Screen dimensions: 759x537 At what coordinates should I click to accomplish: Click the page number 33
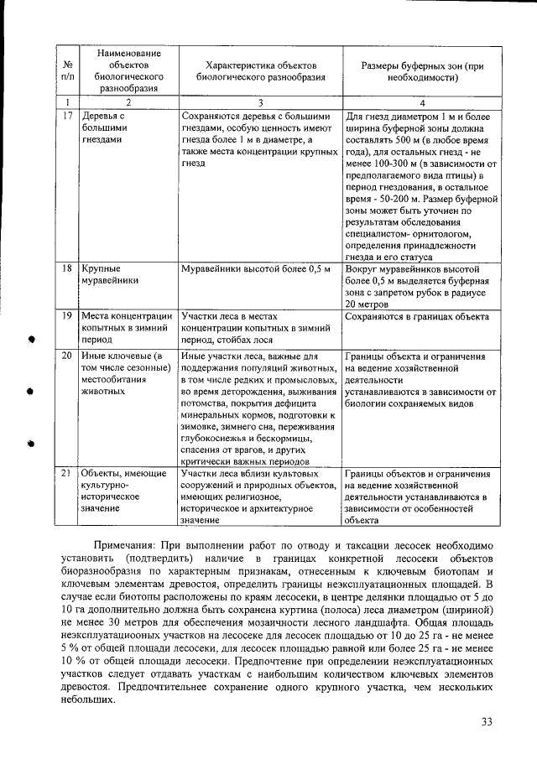(487, 723)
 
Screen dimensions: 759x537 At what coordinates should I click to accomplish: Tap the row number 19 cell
(66, 316)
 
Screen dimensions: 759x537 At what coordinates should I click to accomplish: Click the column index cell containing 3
(259, 101)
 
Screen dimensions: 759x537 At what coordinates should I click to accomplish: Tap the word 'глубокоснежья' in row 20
(216, 438)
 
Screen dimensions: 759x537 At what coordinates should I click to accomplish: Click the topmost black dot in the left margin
(30, 341)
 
